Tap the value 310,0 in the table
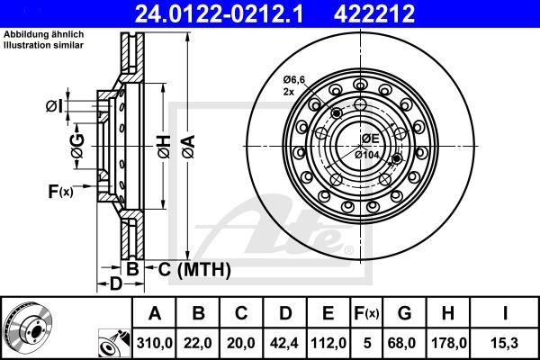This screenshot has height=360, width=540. click(x=155, y=342)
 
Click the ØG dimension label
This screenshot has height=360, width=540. click(x=77, y=149)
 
